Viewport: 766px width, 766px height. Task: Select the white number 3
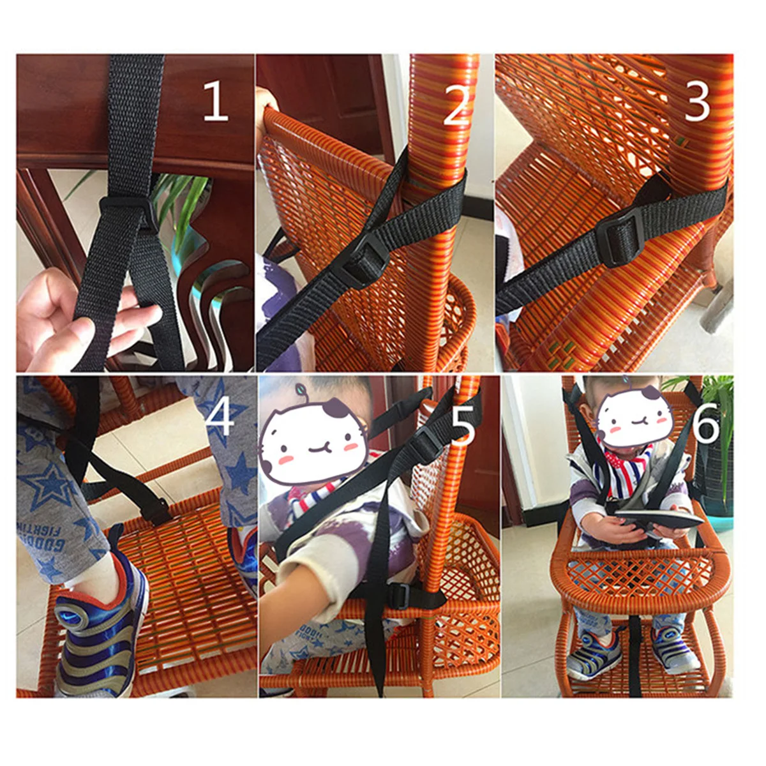[697, 102]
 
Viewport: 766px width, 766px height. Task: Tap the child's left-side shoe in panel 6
[590, 650]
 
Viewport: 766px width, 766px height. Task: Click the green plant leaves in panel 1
[182, 198]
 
